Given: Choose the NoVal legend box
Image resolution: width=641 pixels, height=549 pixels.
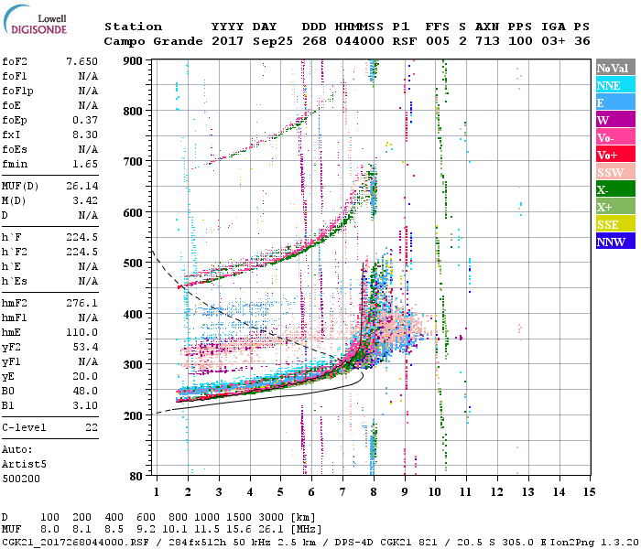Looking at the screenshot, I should (615, 68).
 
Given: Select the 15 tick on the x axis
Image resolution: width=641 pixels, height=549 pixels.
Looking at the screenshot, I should (589, 492).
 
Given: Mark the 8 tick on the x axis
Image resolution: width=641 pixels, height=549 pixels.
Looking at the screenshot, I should (374, 492).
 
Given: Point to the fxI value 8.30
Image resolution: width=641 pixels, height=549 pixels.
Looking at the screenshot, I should (84, 135).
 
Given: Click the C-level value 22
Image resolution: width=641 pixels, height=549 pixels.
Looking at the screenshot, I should (90, 427).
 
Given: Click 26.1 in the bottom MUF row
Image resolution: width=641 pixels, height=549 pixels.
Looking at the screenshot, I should (275, 529).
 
